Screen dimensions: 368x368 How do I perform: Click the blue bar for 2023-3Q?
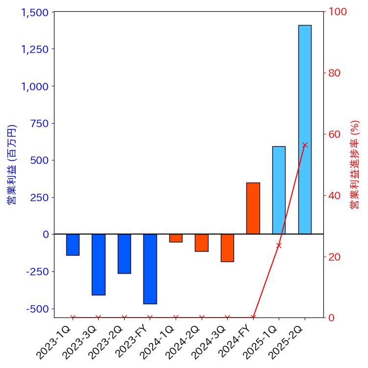pyautogui.click(x=98, y=264)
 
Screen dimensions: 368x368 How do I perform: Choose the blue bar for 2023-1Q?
pyautogui.click(x=73, y=245)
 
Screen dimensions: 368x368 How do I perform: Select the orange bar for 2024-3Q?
pyautogui.click(x=227, y=248)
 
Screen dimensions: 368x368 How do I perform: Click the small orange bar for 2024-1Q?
pyautogui.click(x=176, y=238)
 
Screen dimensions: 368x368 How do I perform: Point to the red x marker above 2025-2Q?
pyautogui.click(x=305, y=145)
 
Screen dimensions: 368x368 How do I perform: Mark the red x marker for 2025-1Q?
pyautogui.click(x=279, y=245)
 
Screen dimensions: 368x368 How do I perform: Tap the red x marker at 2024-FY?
pyautogui.click(x=253, y=317)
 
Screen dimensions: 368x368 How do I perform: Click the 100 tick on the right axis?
pyautogui.click(x=338, y=12)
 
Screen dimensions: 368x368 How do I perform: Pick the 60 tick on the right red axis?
pyautogui.click(x=335, y=134)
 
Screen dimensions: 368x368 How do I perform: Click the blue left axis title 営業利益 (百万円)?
pyautogui.click(x=12, y=164)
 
